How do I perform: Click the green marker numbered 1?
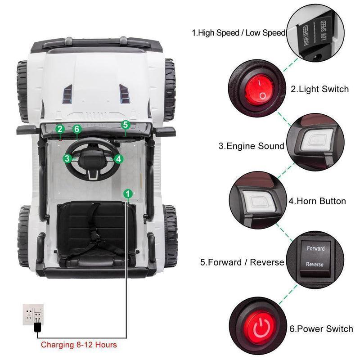click(x=128, y=193)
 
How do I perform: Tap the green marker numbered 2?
click(x=60, y=129)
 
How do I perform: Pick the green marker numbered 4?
click(x=118, y=158)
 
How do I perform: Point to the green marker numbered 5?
click(x=126, y=124)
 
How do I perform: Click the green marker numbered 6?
click(x=77, y=129)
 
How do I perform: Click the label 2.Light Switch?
click(x=319, y=89)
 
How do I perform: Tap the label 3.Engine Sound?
click(x=252, y=146)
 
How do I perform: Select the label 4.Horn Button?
click(x=317, y=201)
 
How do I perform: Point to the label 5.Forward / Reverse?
click(x=242, y=262)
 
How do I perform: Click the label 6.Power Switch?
click(x=321, y=329)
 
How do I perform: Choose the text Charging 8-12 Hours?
click(x=79, y=345)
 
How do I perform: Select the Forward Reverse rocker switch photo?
click(x=315, y=256)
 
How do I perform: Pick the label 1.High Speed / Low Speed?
click(x=238, y=33)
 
